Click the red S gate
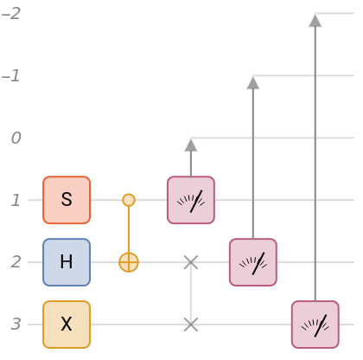(x=67, y=200)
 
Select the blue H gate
(x=67, y=262)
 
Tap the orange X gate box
(x=67, y=325)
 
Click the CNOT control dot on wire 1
(x=129, y=200)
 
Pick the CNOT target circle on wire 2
(x=129, y=262)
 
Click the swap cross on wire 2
(x=191, y=262)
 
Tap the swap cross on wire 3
(x=191, y=325)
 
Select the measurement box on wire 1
(x=191, y=200)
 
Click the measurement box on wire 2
(x=253, y=262)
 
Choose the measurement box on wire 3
(x=315, y=325)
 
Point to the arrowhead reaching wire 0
(x=191, y=145)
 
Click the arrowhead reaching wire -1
(x=253, y=83)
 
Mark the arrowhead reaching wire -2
(x=315, y=21)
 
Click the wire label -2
(x=11, y=13)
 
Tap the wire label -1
(x=11, y=75)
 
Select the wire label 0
(x=16, y=138)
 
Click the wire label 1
(x=16, y=200)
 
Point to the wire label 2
(x=16, y=262)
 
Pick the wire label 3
(x=16, y=325)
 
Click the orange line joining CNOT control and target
(x=129, y=229)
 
